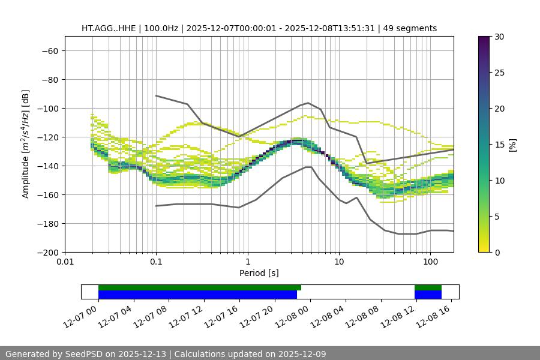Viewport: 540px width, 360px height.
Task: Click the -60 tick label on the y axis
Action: (49, 50)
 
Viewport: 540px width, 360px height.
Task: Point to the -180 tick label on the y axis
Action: (47, 223)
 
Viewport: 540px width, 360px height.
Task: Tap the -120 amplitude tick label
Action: (47, 137)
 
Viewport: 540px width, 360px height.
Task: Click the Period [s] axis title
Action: (259, 273)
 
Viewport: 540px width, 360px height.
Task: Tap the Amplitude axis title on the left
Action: (26, 144)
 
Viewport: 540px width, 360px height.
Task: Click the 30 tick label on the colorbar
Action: (499, 37)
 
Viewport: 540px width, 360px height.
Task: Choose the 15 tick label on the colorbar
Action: (499, 145)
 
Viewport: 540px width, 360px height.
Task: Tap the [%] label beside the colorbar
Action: (512, 145)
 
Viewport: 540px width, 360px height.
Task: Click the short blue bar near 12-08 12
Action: (428, 295)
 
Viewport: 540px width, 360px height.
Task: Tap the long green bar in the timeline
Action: (199, 287)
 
